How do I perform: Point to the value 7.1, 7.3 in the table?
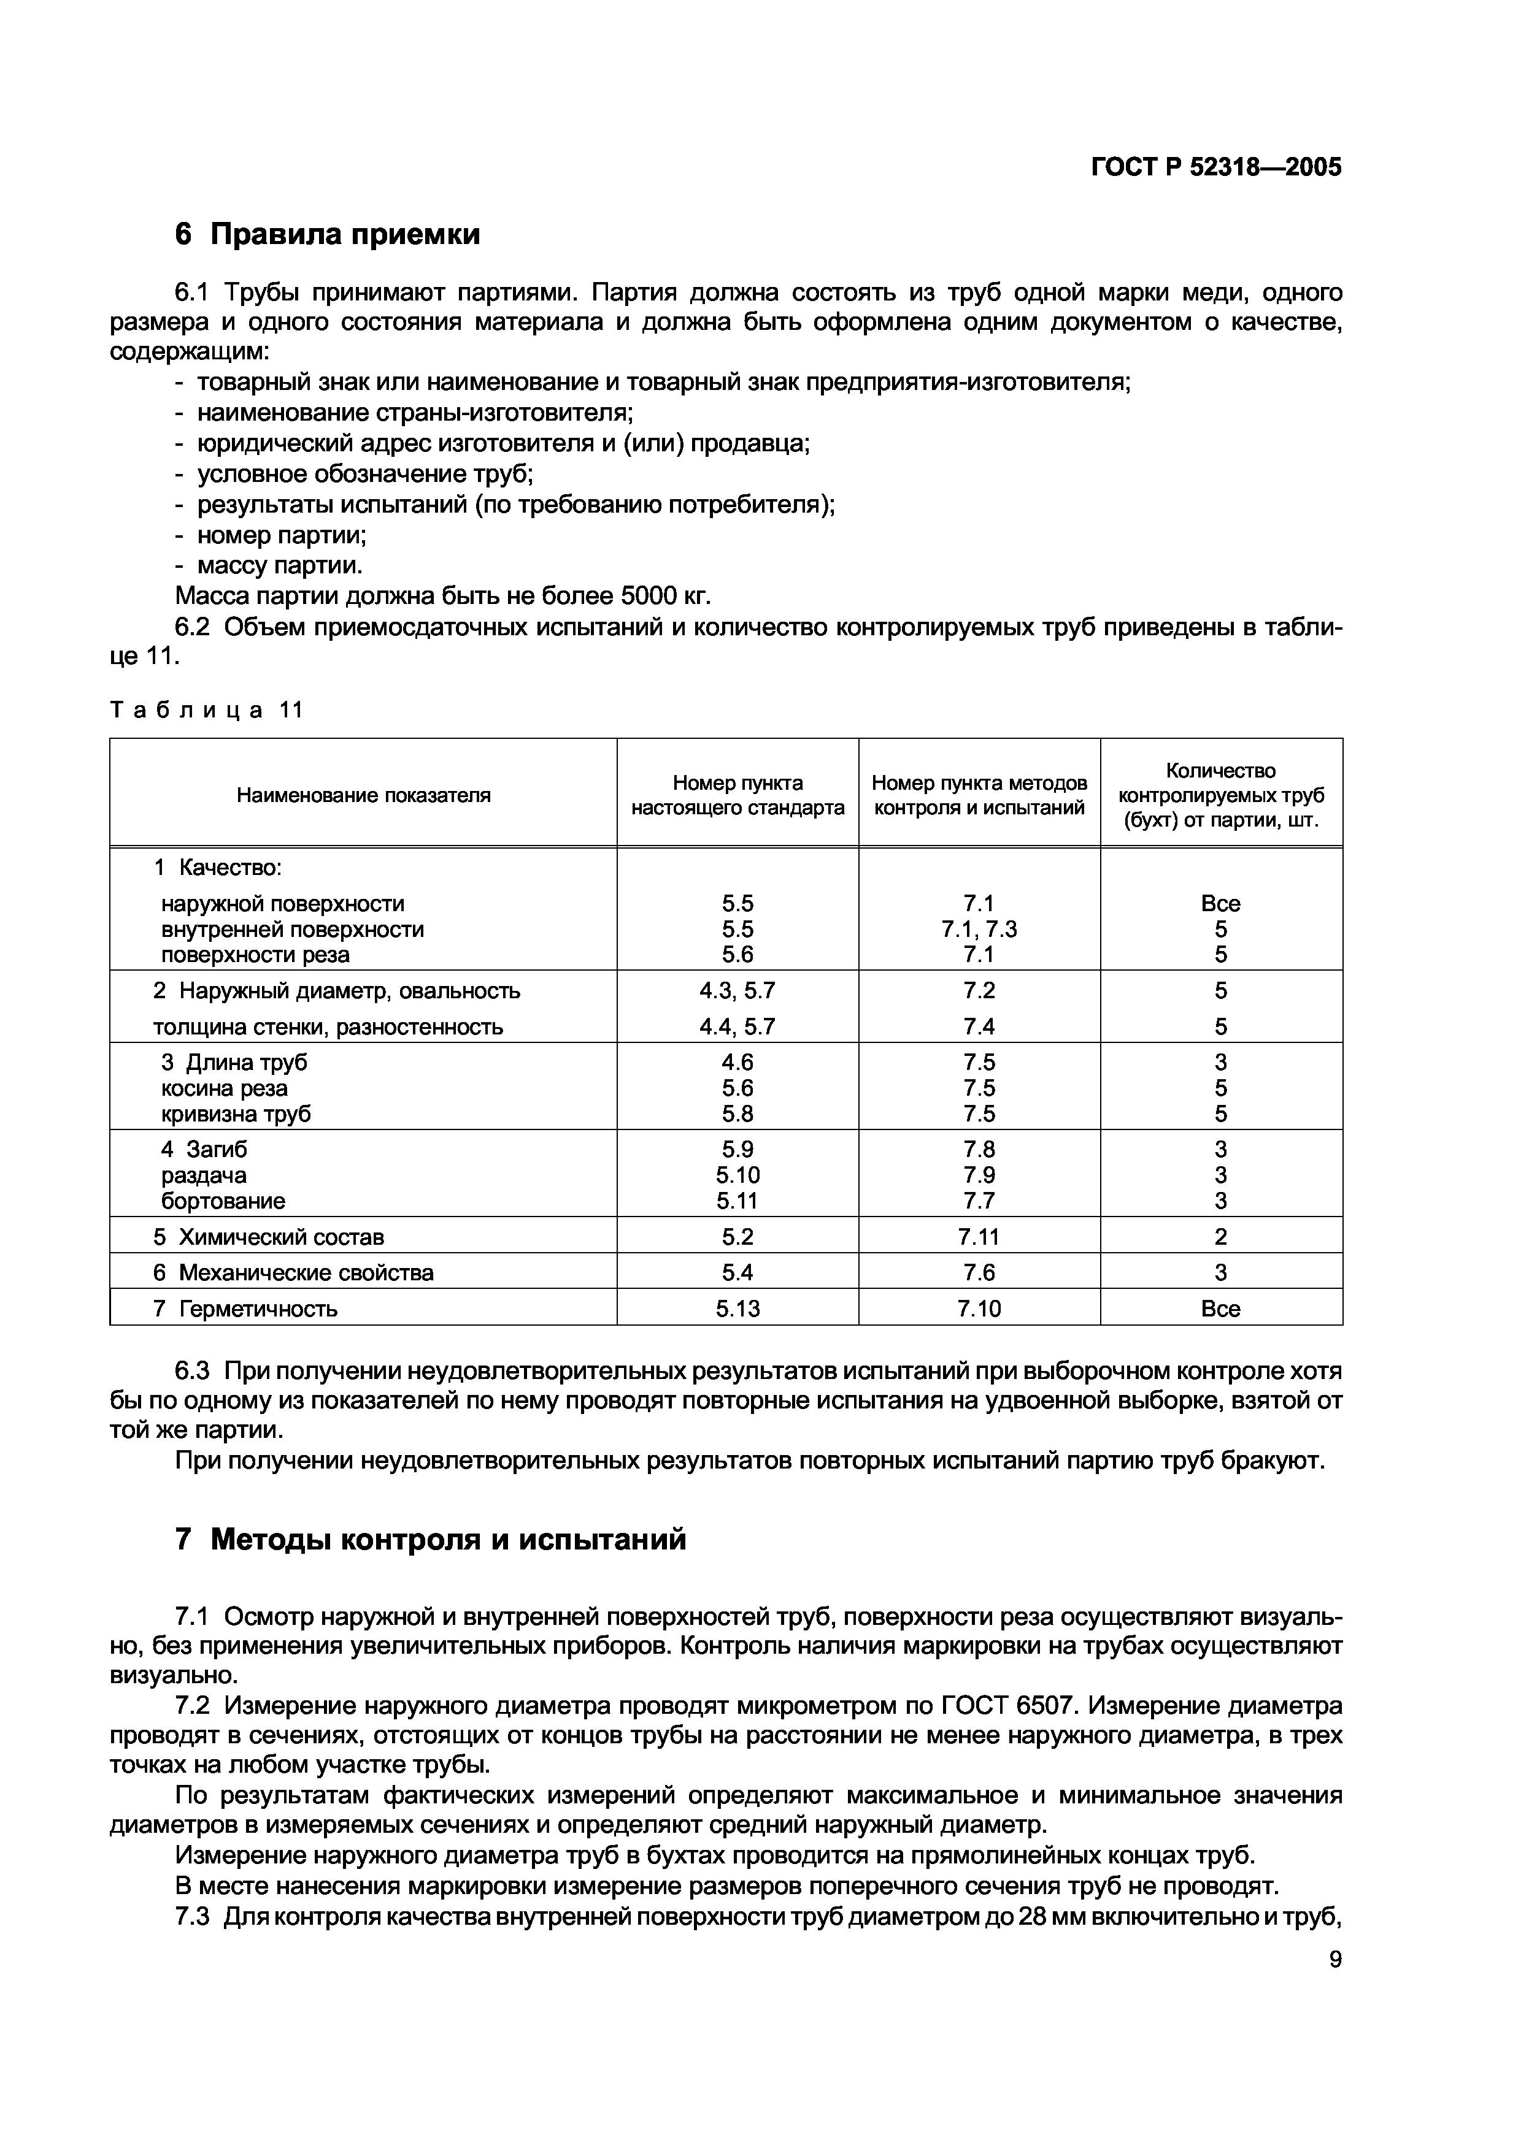click(x=979, y=930)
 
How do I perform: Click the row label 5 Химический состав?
click(x=269, y=1237)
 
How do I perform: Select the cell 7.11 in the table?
click(x=979, y=1237)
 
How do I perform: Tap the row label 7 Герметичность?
click(x=245, y=1309)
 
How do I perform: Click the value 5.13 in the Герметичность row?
click(x=737, y=1309)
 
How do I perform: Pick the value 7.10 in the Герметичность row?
click(x=979, y=1309)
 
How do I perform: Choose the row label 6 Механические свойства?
click(x=293, y=1272)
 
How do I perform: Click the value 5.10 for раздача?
click(x=737, y=1175)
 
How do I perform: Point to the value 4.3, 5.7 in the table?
click(x=737, y=990)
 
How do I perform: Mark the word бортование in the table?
click(x=223, y=1201)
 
